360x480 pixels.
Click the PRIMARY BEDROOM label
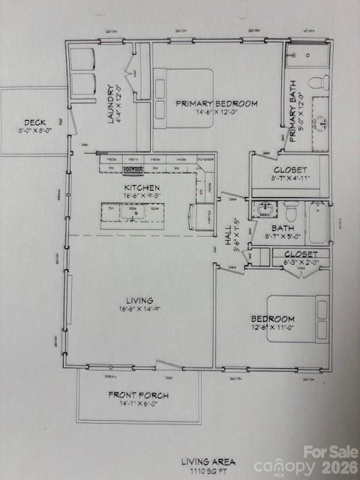coord(217,103)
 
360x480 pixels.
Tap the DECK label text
coord(34,122)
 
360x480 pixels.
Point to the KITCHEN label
coord(141,187)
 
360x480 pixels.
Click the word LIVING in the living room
coord(139,300)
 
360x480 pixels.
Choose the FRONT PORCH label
coord(138,394)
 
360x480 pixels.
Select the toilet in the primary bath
coord(318,81)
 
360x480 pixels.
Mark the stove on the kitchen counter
coord(133,169)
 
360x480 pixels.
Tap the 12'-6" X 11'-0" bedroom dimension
coord(272,327)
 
